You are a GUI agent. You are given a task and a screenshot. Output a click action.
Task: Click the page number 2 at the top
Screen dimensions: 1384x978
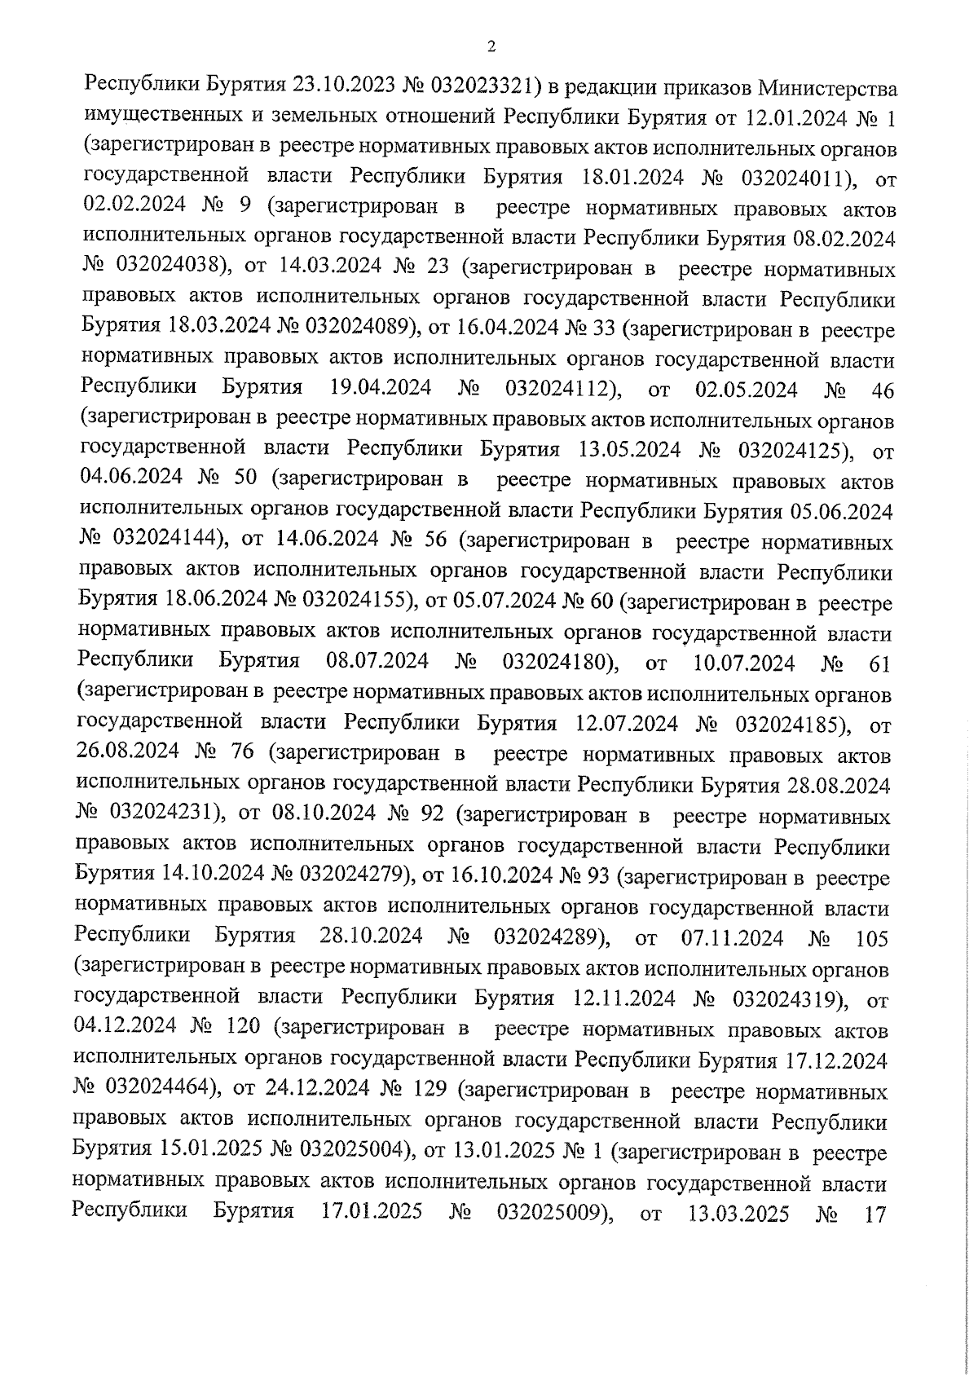point(491,47)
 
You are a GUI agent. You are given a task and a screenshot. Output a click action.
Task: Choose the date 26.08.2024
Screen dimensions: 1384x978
point(129,753)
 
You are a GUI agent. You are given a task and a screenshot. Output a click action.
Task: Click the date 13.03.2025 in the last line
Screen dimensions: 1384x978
point(738,1214)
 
